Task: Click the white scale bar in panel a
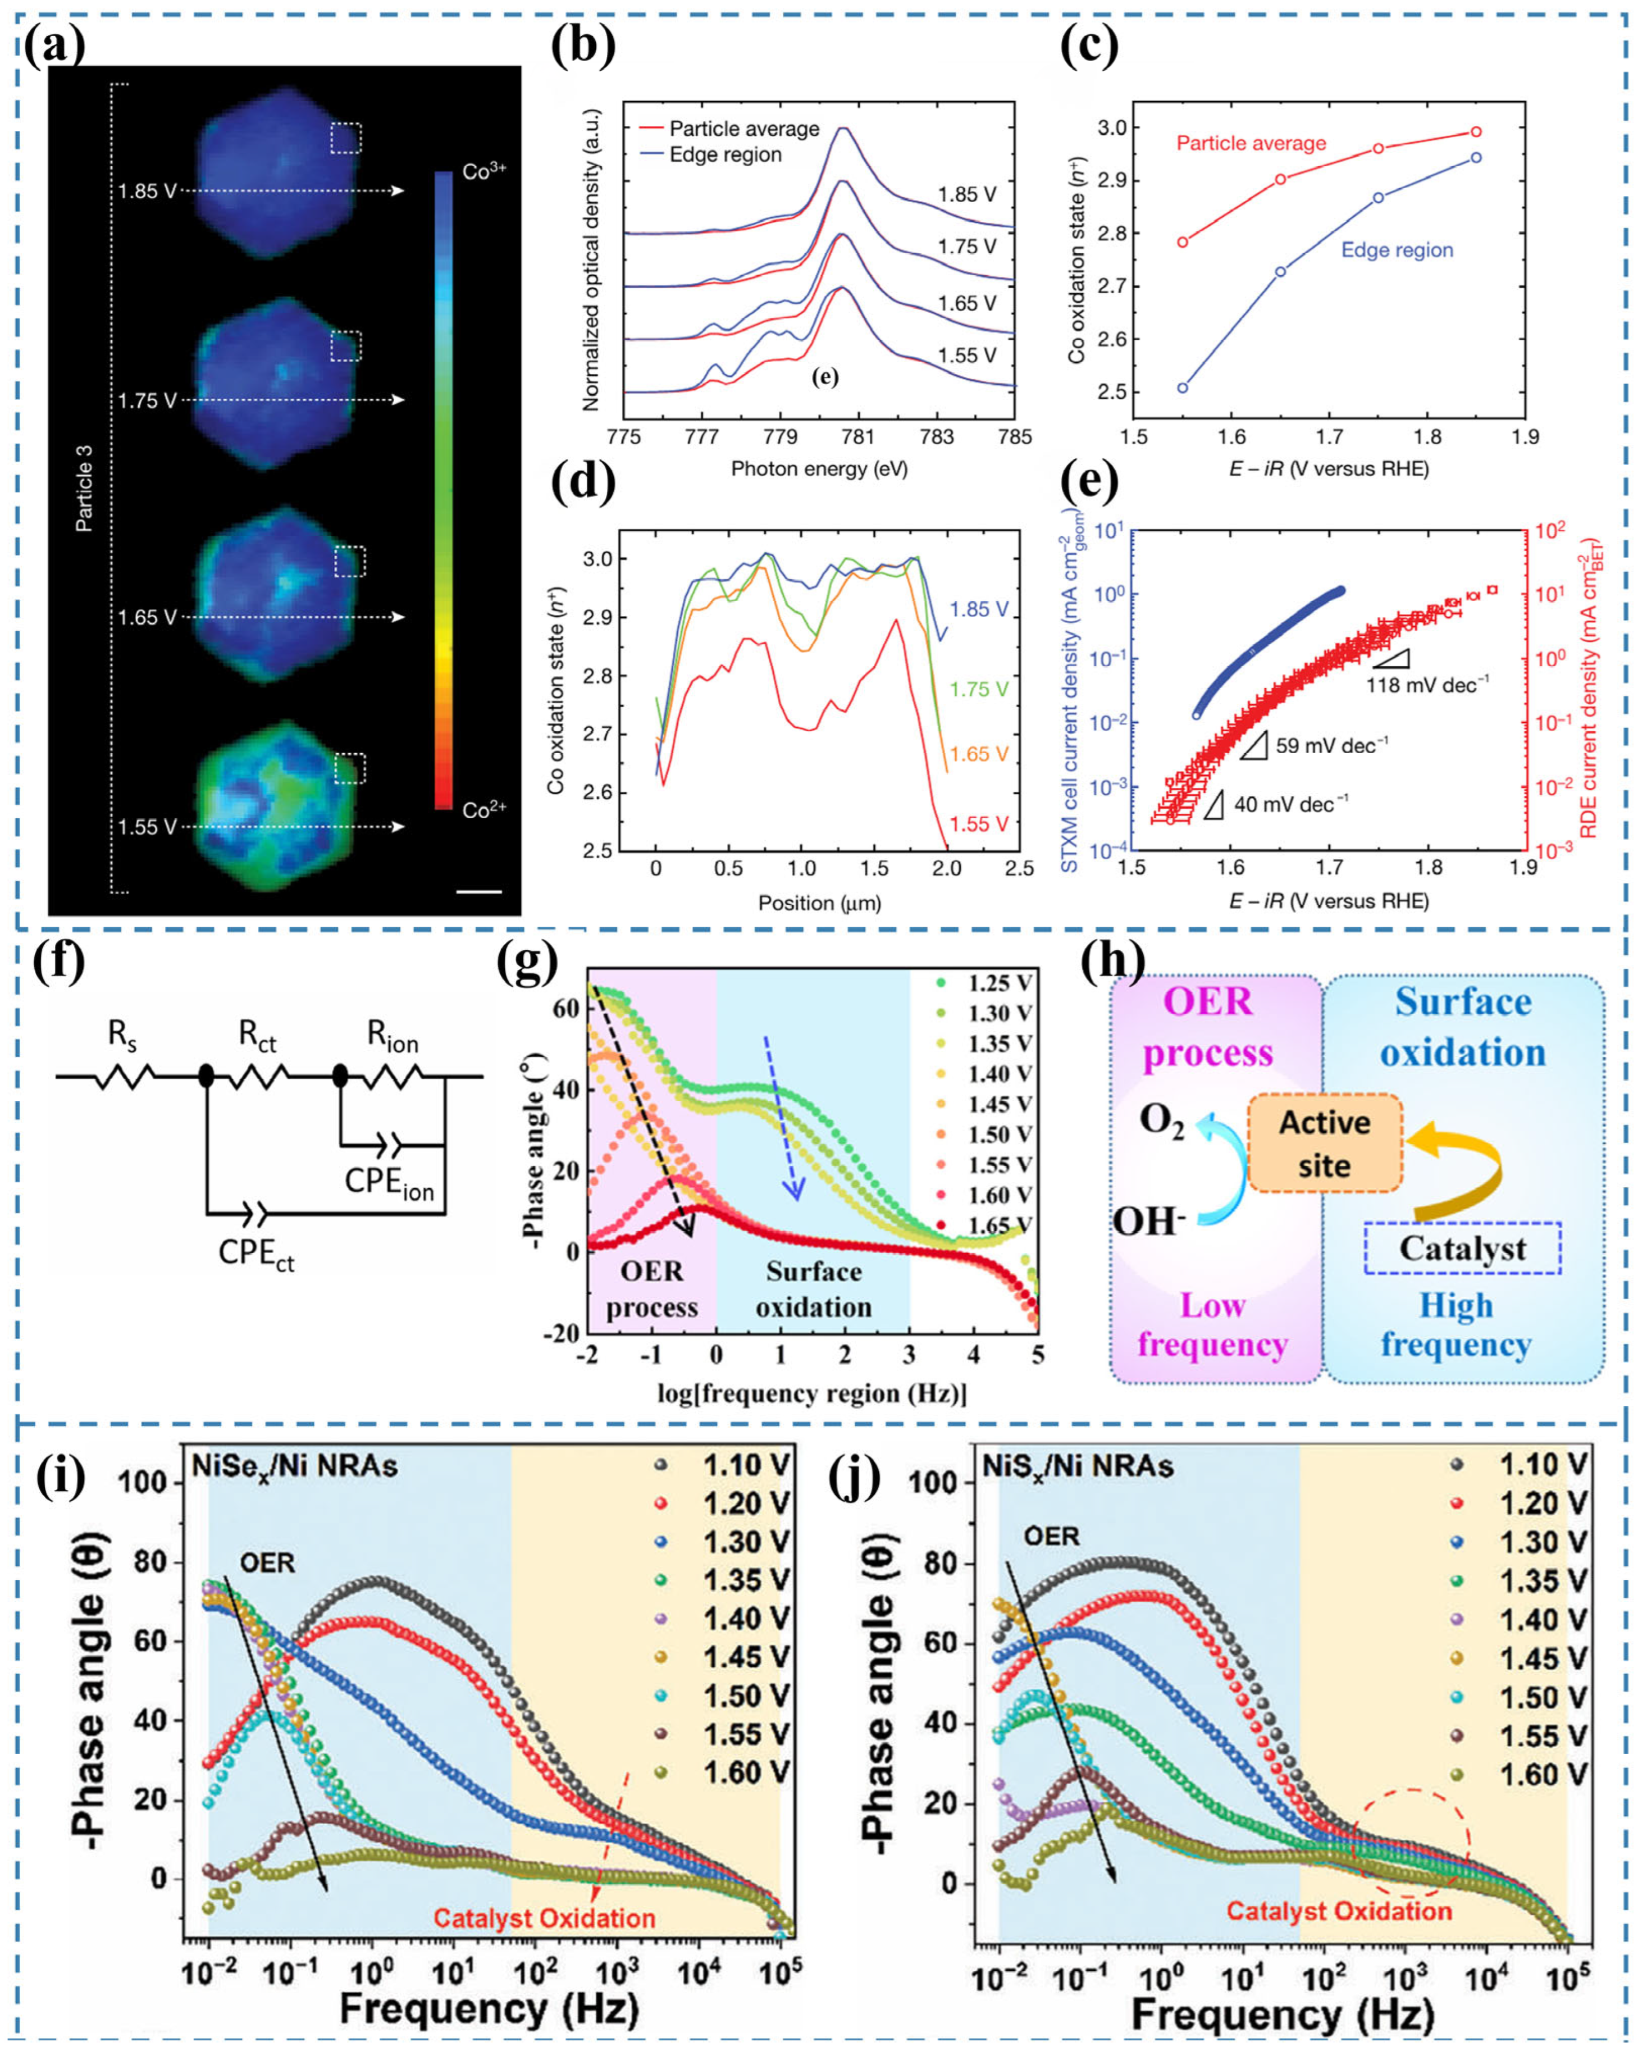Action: pos(478,891)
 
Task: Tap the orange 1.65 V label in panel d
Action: pos(978,754)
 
